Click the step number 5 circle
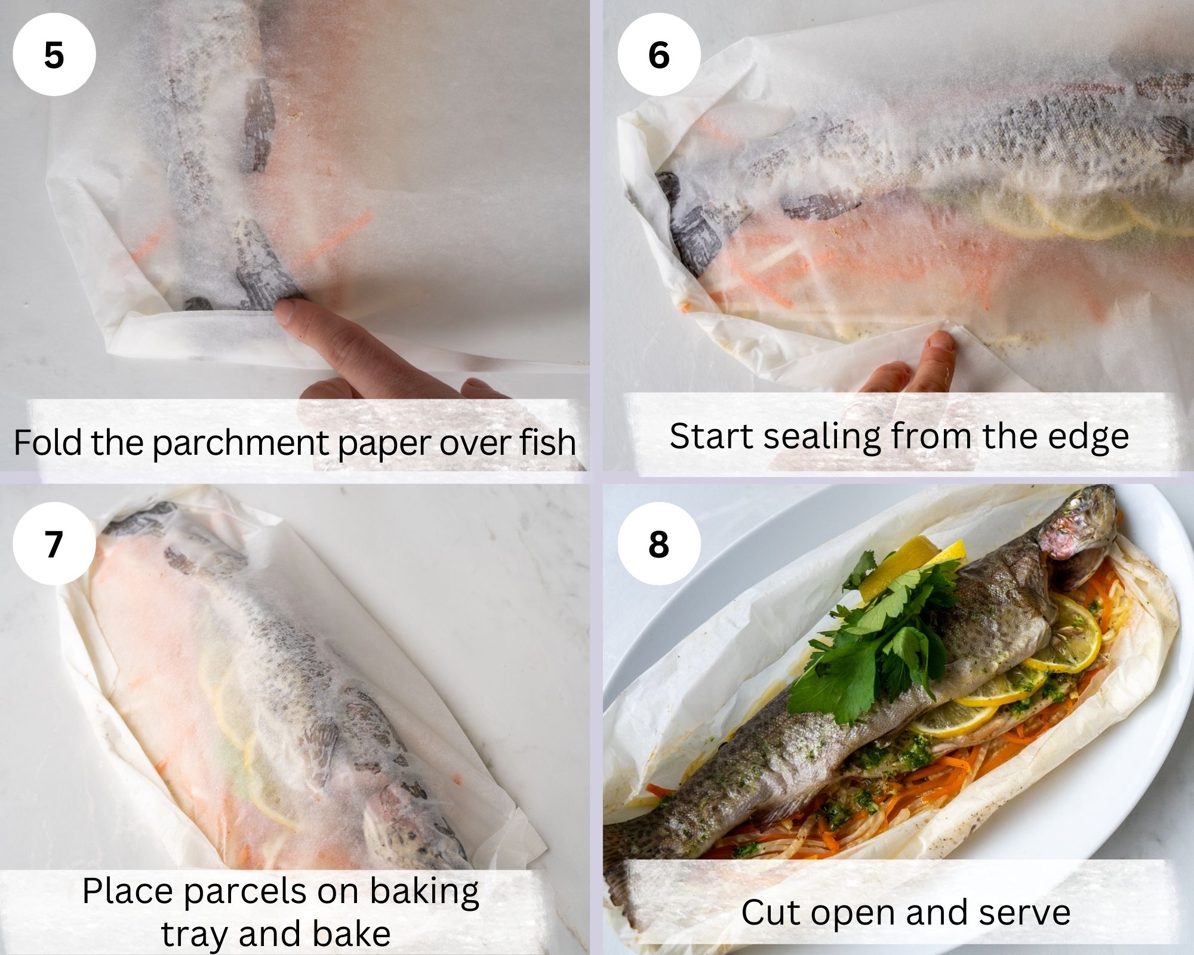[54, 55]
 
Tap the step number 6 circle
[658, 55]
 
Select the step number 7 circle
[54, 544]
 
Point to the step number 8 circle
[658, 544]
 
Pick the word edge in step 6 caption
[1097, 437]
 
